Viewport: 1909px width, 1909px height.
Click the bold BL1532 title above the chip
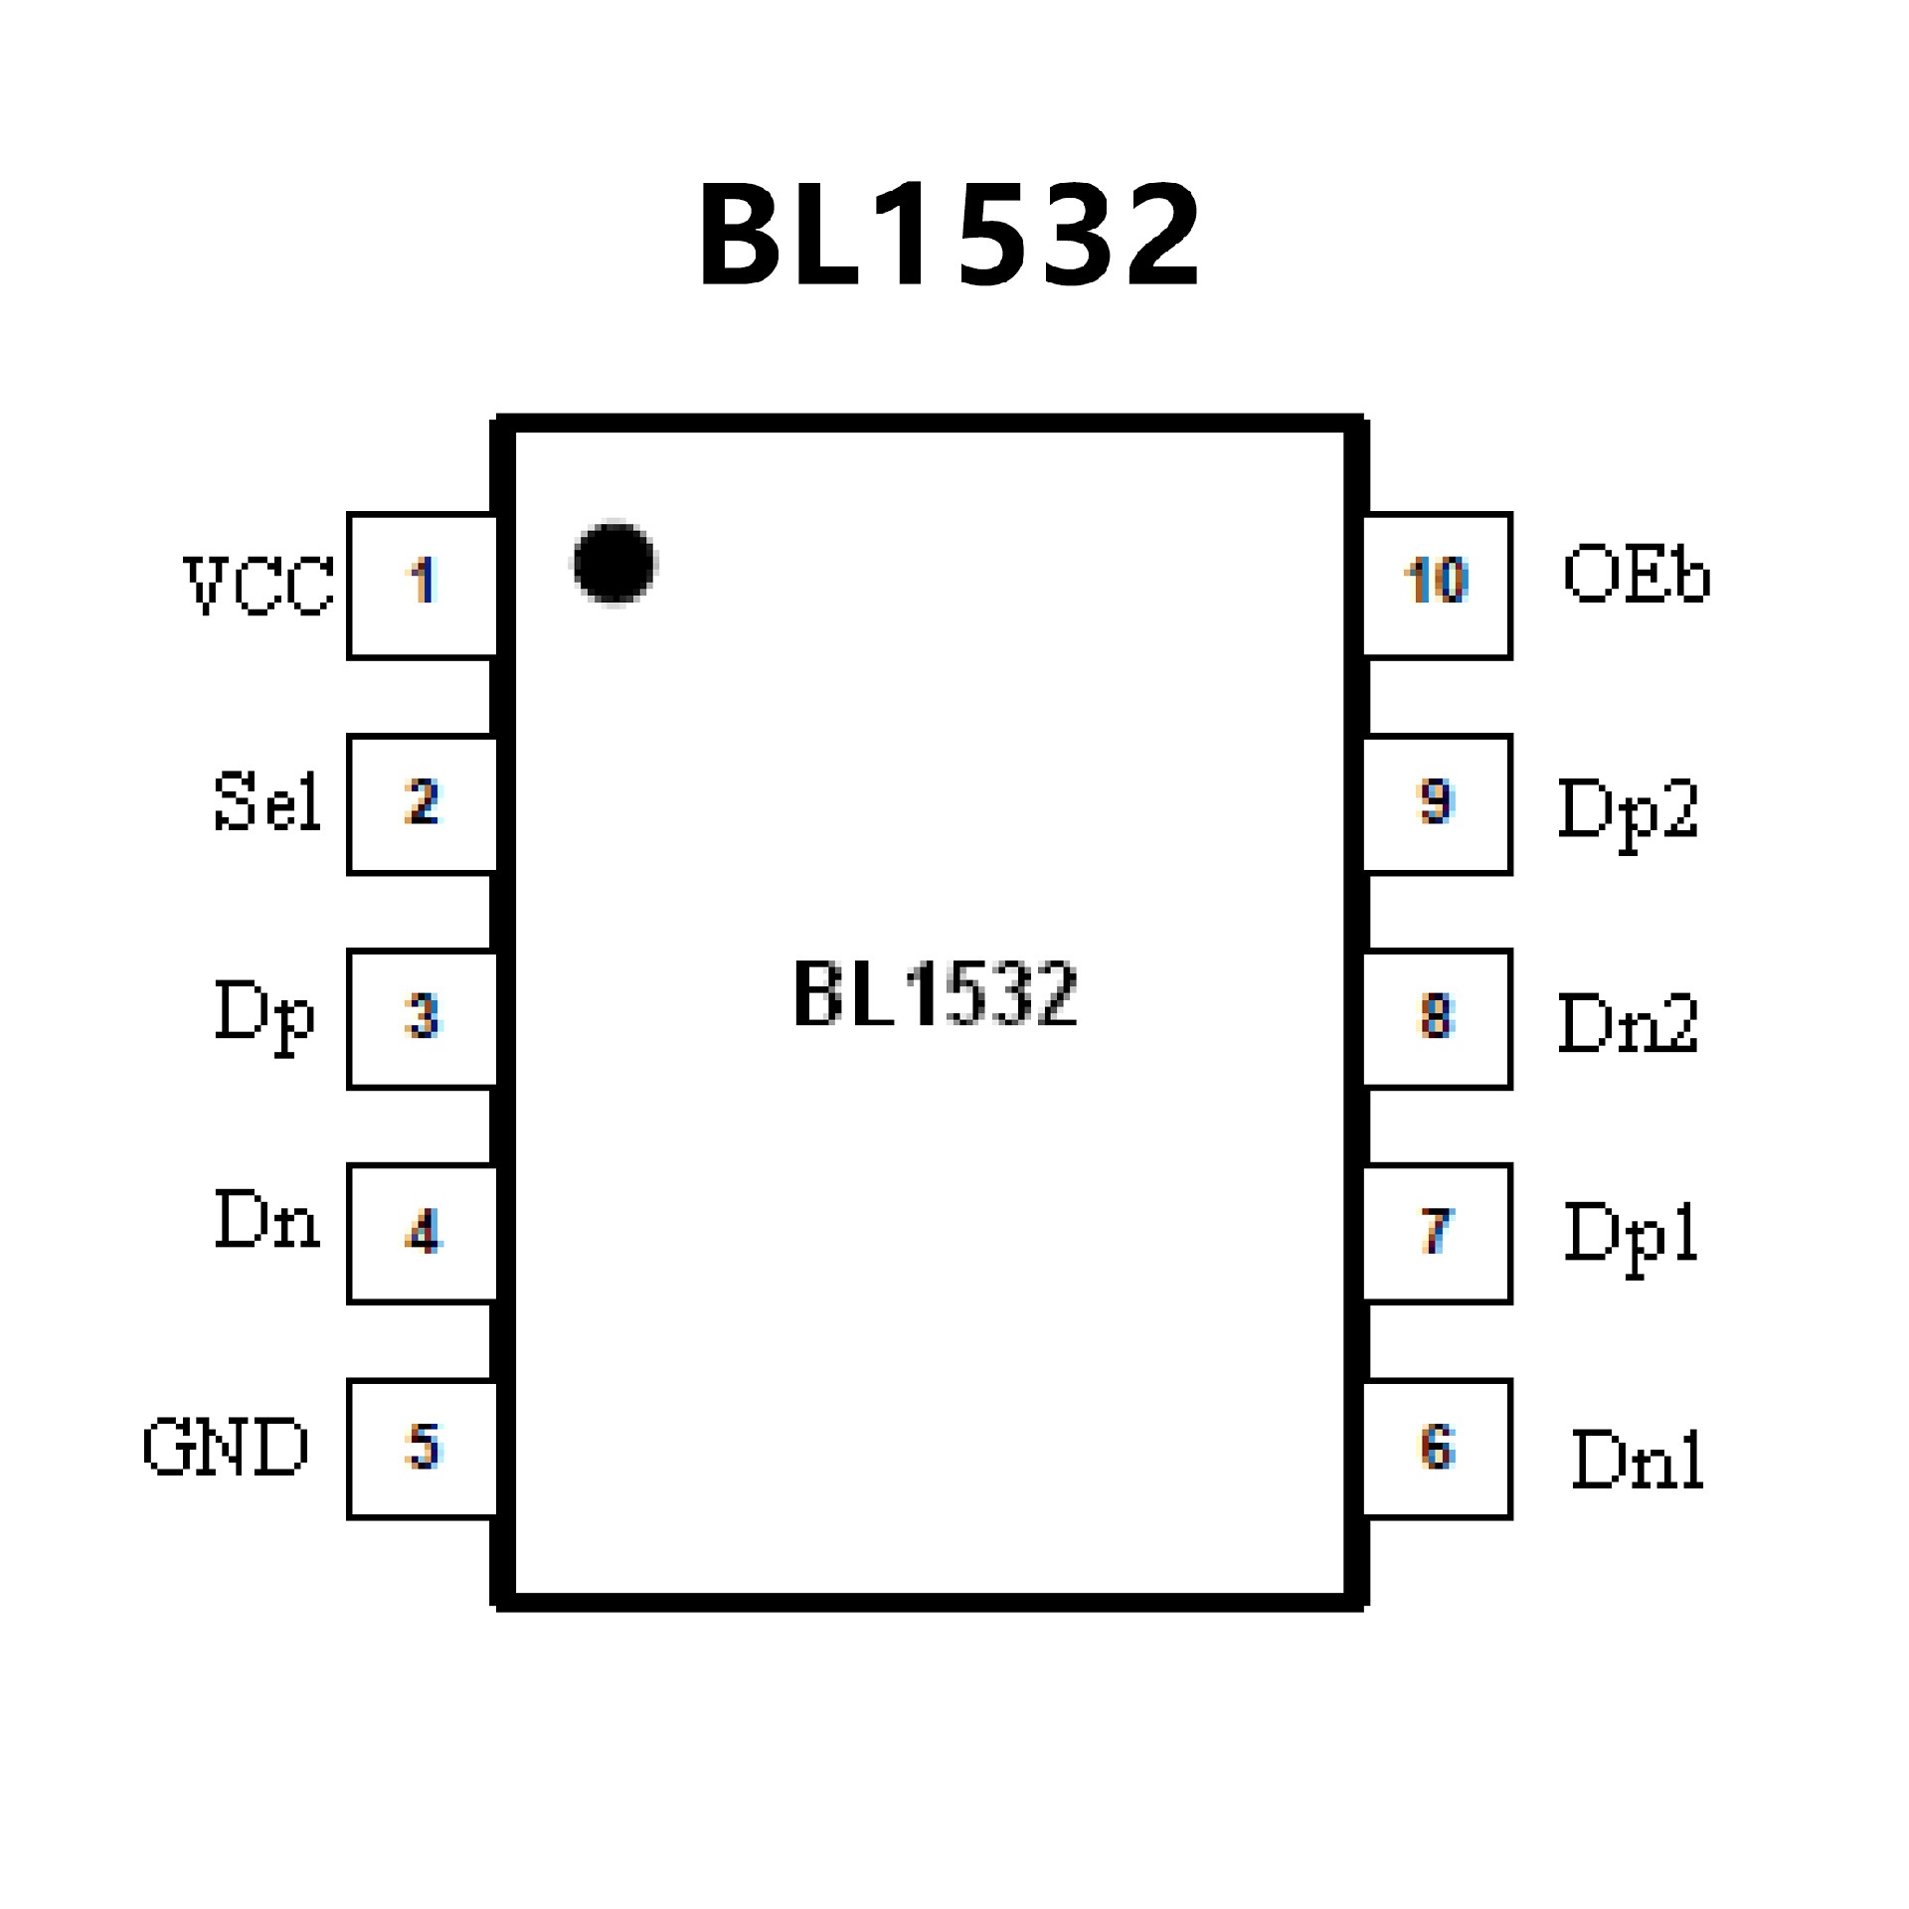[950, 237]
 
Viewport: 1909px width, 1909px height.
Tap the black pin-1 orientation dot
[614, 562]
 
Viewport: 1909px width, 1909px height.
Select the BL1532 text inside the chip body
[935, 993]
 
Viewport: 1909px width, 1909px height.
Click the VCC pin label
[260, 585]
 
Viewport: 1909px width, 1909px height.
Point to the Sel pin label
[266, 801]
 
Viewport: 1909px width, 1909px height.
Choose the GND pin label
[226, 1448]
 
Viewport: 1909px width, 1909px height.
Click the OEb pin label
[1637, 576]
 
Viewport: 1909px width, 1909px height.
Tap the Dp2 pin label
[1629, 811]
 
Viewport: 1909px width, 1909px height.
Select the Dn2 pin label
[1629, 1024]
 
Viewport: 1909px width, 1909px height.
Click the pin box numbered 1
[423, 586]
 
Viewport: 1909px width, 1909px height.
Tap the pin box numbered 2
[423, 804]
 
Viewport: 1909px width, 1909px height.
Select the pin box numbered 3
[423, 1019]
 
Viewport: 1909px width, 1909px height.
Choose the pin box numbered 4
[423, 1233]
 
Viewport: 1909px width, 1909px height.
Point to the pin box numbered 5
[423, 1449]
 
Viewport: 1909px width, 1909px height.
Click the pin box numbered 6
[1437, 1449]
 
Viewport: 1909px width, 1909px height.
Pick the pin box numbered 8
[1437, 1019]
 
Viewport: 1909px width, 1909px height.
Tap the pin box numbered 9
[1437, 804]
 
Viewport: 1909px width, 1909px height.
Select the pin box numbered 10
[1437, 586]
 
